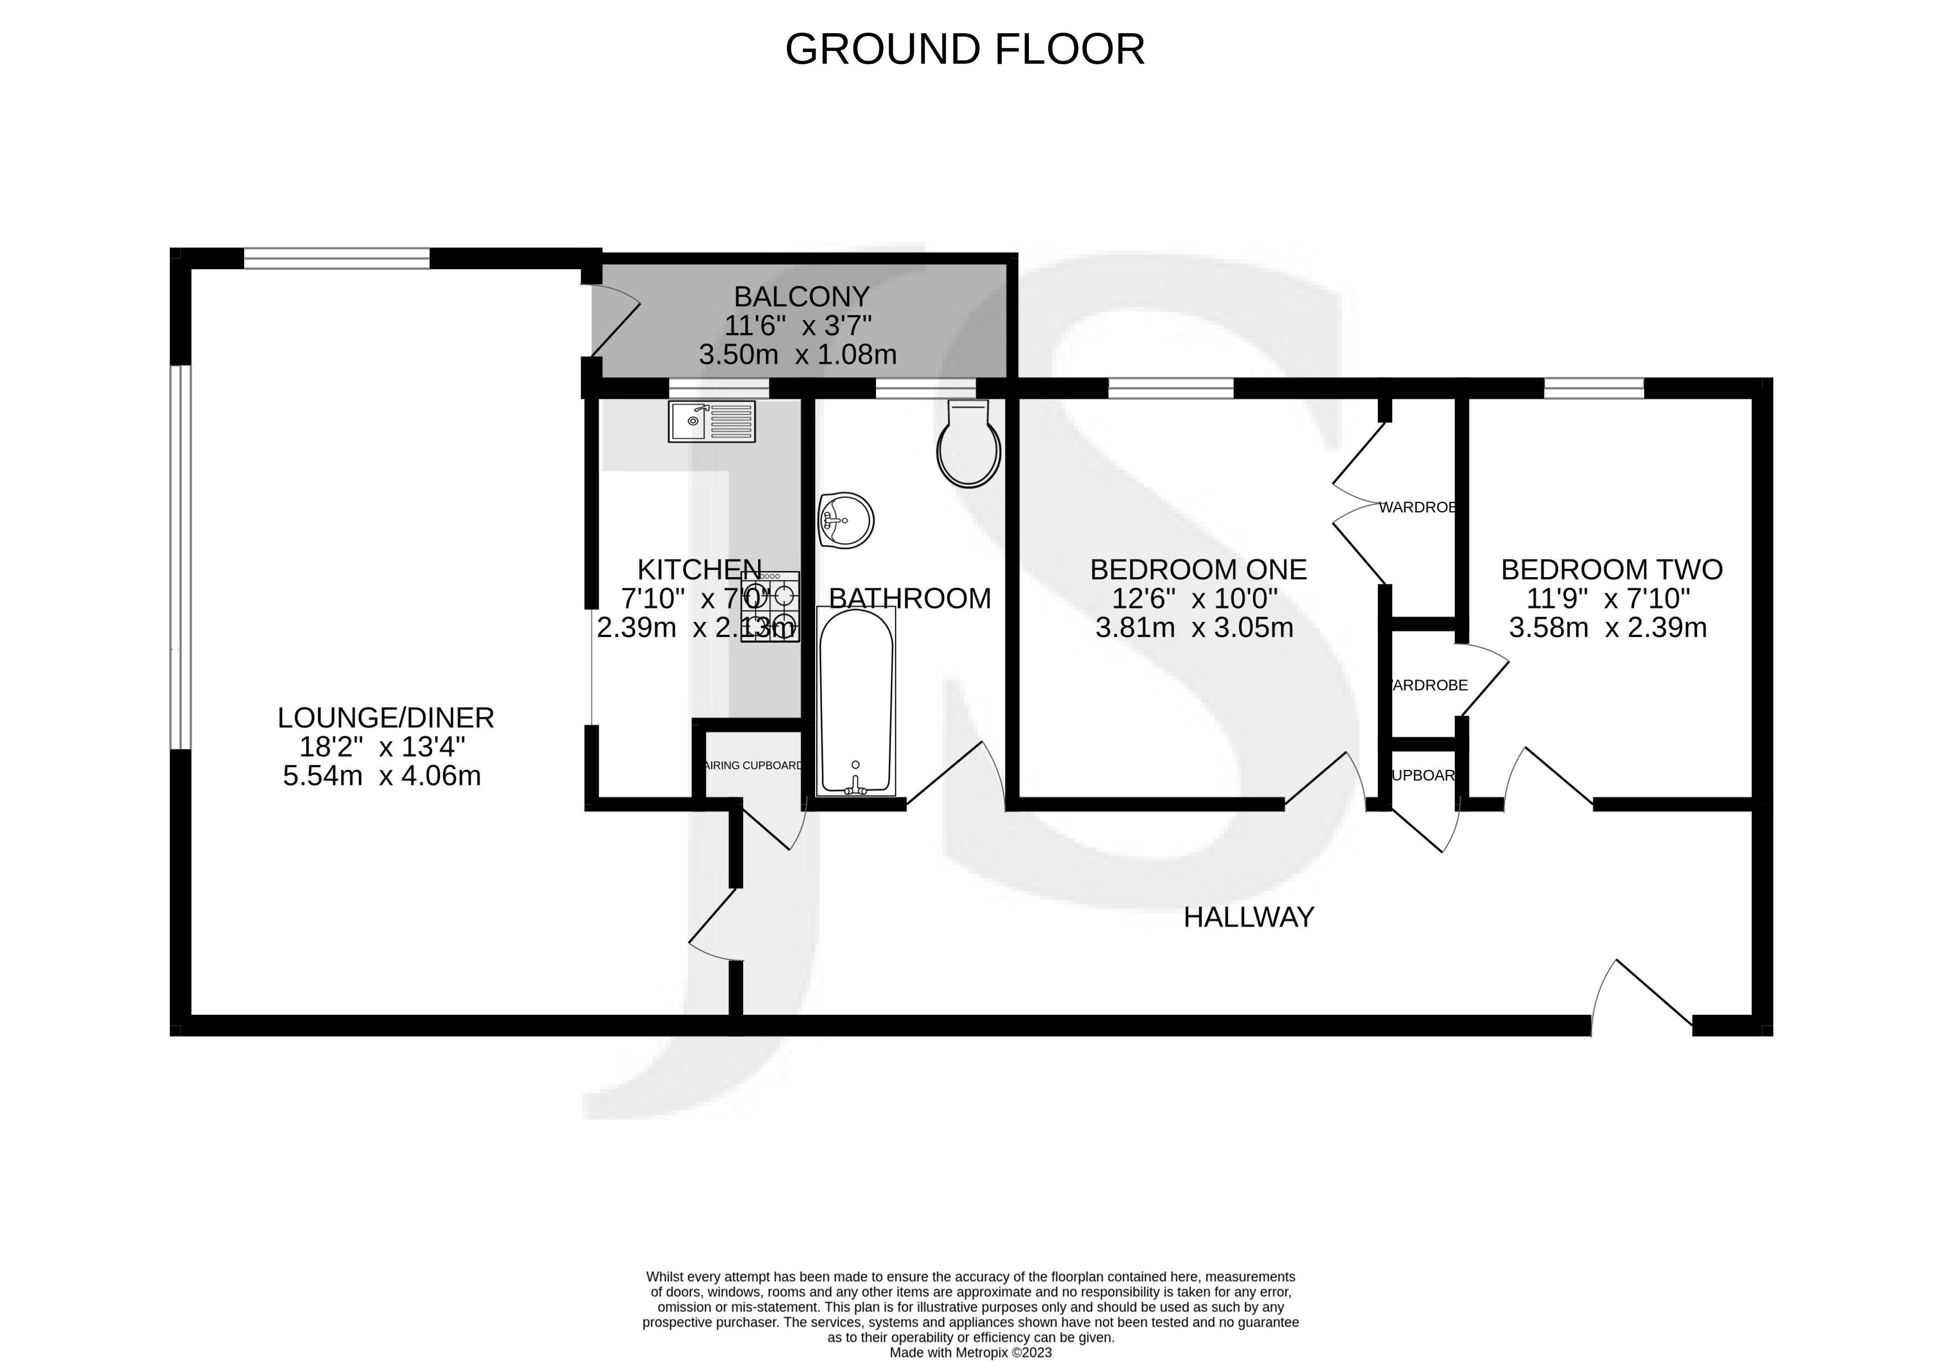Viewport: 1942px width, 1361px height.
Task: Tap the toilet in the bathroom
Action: pyautogui.click(x=969, y=446)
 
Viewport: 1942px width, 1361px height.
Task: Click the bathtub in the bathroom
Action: pyautogui.click(x=856, y=702)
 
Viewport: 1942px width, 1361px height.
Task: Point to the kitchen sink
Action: pyautogui.click(x=712, y=421)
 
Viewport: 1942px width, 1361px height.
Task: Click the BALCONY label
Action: pyautogui.click(x=801, y=297)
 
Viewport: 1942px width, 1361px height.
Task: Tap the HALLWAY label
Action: pyautogui.click(x=1248, y=917)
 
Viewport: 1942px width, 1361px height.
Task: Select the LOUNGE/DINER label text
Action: pyautogui.click(x=386, y=718)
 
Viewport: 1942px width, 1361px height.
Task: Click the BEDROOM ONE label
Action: pyautogui.click(x=1198, y=570)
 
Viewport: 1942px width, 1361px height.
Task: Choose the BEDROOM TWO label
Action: pyautogui.click(x=1611, y=570)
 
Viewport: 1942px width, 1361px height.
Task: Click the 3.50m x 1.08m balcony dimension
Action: pyautogui.click(x=797, y=355)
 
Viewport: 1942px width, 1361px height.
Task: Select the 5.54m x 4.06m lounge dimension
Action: pyautogui.click(x=382, y=775)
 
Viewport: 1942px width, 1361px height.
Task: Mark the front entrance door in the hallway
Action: pyautogui.click(x=1641, y=998)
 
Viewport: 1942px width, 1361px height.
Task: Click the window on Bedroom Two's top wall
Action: pyautogui.click(x=1594, y=388)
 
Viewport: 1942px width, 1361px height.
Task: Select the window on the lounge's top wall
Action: pyautogui.click(x=337, y=258)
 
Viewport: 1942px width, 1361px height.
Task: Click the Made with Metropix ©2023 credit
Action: pyautogui.click(x=970, y=1353)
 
